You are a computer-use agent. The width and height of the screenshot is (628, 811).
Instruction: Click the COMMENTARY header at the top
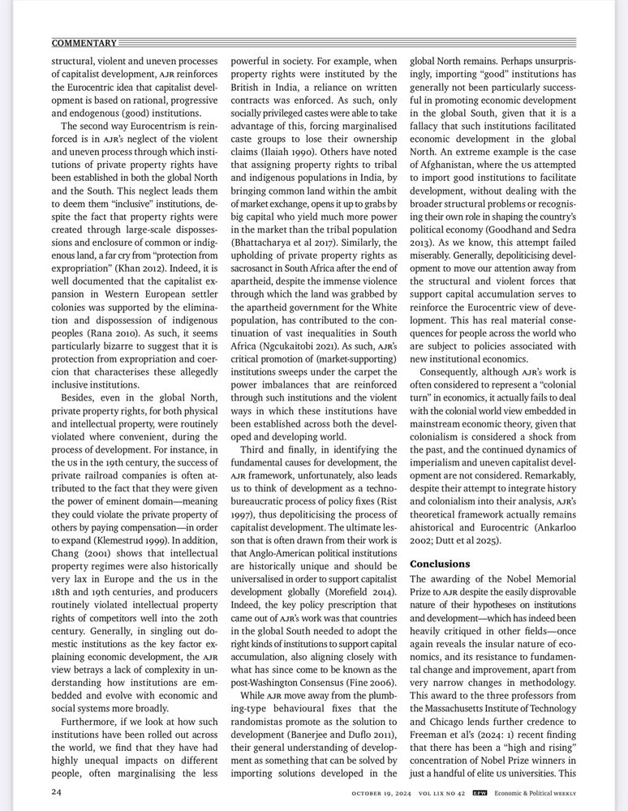click(84, 42)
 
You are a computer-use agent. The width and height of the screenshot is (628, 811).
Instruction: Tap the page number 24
click(57, 792)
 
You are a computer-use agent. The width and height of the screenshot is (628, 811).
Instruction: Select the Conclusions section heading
click(440, 563)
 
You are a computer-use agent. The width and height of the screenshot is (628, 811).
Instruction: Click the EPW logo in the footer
click(480, 792)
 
